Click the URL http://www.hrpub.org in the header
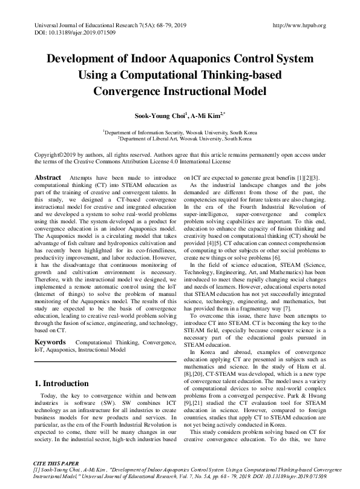[299, 25]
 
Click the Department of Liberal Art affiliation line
[179, 139]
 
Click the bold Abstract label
[48, 177]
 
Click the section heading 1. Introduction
[62, 384]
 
